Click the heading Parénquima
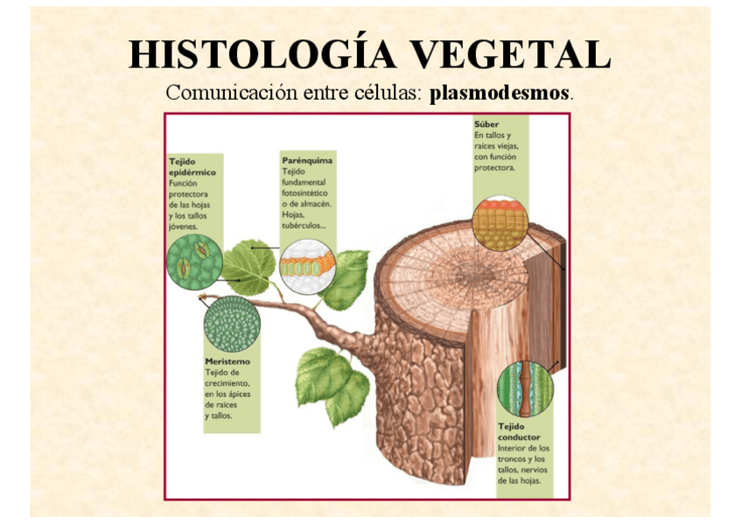[306, 161]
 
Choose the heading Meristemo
[227, 361]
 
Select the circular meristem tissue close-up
[232, 325]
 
